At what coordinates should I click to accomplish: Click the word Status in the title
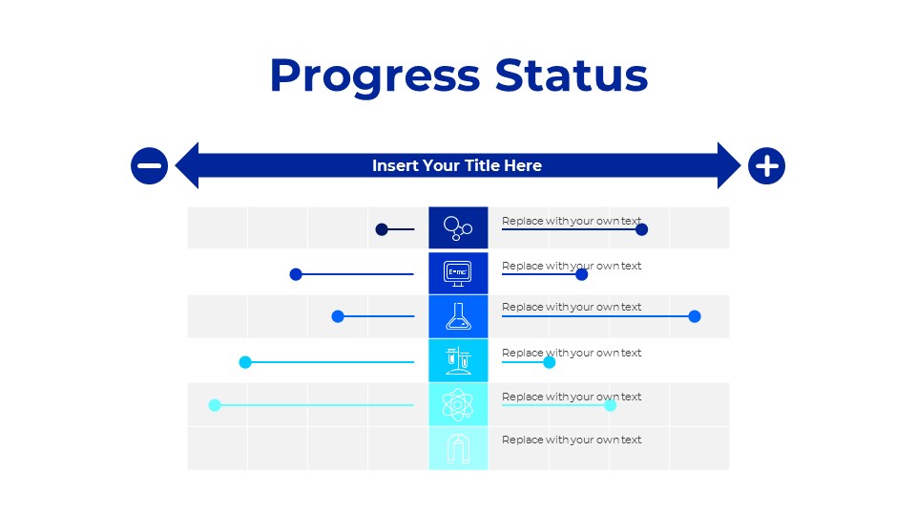pos(572,76)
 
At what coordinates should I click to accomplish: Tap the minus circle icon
pos(149,165)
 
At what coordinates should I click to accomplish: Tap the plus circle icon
pos(766,166)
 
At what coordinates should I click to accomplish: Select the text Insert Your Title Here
pos(457,166)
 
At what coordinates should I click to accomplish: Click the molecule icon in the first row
pos(458,228)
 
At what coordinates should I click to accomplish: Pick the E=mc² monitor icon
pos(458,273)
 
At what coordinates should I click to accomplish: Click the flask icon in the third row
pos(458,316)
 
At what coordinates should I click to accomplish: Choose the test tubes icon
pos(458,360)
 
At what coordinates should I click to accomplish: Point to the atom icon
pos(458,404)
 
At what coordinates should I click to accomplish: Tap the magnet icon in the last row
pos(458,448)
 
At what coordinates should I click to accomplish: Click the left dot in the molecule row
pos(382,229)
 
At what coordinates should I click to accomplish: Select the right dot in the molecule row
pos(642,229)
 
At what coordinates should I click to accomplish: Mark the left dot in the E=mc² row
pos(296,274)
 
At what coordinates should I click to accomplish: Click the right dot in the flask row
pos(695,316)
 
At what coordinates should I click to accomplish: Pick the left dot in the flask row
pos(338,316)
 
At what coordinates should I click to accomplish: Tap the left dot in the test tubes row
pos(245,362)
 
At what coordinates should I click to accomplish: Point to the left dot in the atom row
pos(215,405)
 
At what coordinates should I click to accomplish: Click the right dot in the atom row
pos(611,405)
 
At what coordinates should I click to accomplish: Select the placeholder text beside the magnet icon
pos(572,441)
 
